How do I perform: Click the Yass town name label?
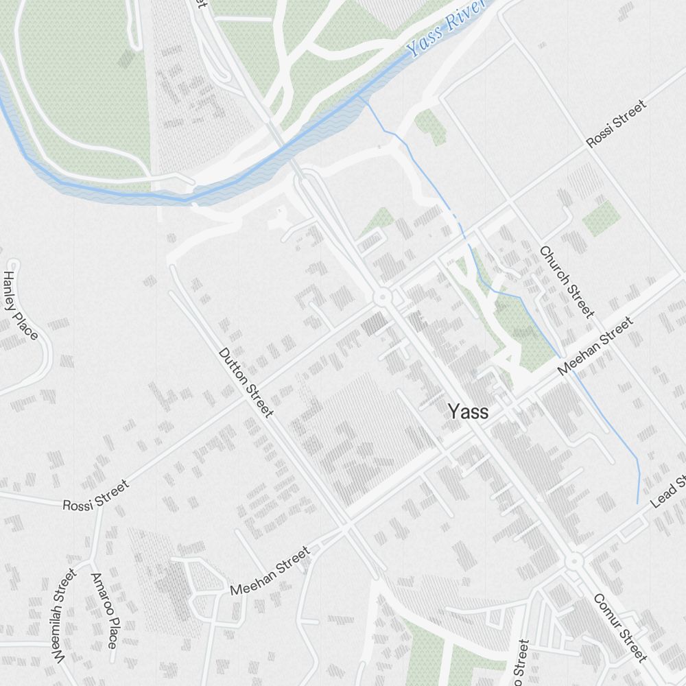click(x=469, y=412)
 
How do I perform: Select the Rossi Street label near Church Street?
click(x=615, y=124)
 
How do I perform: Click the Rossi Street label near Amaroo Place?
click(x=95, y=495)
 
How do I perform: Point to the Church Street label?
click(x=566, y=281)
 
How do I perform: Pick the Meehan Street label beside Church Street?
click(x=595, y=346)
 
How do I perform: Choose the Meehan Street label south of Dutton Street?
click(x=270, y=571)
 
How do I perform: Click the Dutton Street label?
click(x=246, y=382)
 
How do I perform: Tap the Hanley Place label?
click(x=20, y=305)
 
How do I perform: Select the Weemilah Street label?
click(x=62, y=616)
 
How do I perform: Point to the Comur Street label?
click(x=620, y=628)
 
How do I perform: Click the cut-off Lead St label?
click(x=669, y=488)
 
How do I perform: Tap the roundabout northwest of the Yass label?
click(x=381, y=298)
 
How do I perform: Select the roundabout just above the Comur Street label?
click(x=573, y=562)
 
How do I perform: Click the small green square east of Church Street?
click(x=601, y=218)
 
